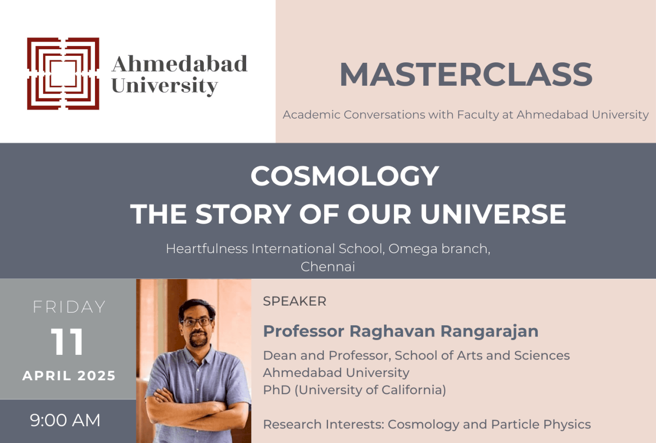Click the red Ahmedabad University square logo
pyautogui.click(x=63, y=74)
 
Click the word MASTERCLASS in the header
pyautogui.click(x=466, y=75)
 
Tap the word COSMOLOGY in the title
pyautogui.click(x=345, y=176)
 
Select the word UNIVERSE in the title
pyautogui.click(x=493, y=214)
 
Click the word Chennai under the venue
pyautogui.click(x=328, y=267)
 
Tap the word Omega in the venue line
pyautogui.click(x=406, y=249)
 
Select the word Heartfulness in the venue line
pyautogui.click(x=207, y=249)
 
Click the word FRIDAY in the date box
pyautogui.click(x=69, y=307)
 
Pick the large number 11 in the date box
pyautogui.click(x=67, y=342)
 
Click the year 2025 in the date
pyautogui.click(x=97, y=375)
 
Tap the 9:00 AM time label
pyautogui.click(x=65, y=420)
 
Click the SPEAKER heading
pyautogui.click(x=294, y=301)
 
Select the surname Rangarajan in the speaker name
pyautogui.click(x=489, y=331)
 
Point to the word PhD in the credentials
pyautogui.click(x=276, y=390)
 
